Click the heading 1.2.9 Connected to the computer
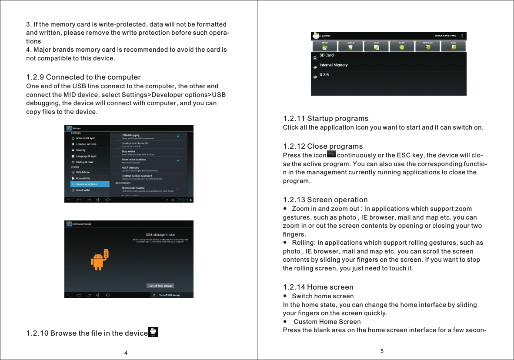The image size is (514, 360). [83, 77]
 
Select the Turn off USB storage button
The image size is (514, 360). [160, 286]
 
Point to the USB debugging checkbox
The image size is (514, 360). [177, 136]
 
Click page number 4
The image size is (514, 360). [126, 352]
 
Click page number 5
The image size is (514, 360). [382, 351]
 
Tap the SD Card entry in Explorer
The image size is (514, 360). [327, 55]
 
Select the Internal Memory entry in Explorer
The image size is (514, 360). [334, 65]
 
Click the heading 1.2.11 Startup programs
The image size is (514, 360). [325, 118]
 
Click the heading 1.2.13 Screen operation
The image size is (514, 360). [325, 200]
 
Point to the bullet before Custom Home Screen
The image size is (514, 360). [285, 322]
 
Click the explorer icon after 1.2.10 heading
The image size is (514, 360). [154, 332]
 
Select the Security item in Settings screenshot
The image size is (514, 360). [81, 150]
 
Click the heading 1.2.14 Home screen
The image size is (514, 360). [318, 287]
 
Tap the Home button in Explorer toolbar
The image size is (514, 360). [325, 46]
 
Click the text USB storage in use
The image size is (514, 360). [160, 234]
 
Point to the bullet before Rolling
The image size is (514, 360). [285, 242]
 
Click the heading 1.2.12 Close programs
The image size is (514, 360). [323, 146]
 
